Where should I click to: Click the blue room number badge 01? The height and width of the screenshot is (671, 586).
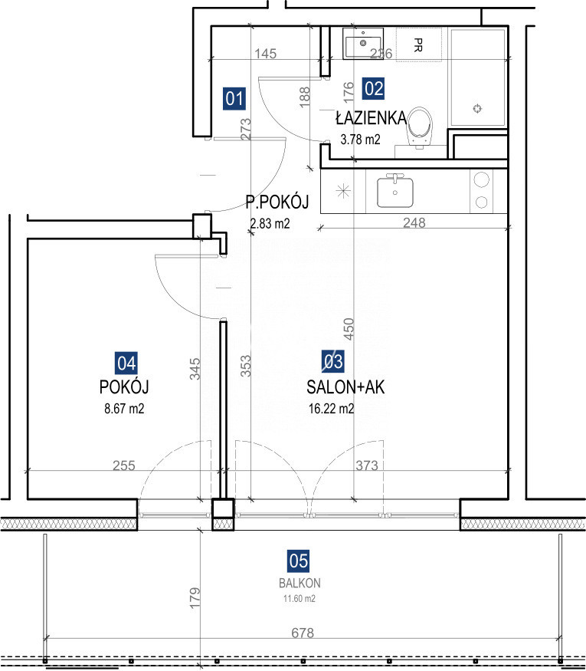click(x=234, y=98)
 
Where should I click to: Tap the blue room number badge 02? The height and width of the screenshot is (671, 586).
click(x=373, y=89)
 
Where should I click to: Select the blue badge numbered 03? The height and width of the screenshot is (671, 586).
click(x=333, y=361)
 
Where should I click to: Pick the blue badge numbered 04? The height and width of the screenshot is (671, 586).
click(x=126, y=363)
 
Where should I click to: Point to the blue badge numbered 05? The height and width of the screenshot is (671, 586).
click(x=298, y=561)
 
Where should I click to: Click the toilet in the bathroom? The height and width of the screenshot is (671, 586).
click(x=419, y=127)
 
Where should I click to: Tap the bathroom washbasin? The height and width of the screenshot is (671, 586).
click(x=363, y=44)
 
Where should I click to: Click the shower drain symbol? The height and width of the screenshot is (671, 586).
click(x=477, y=108)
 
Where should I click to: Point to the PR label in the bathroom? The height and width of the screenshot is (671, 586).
click(x=418, y=44)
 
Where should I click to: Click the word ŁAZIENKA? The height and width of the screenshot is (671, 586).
click(x=371, y=118)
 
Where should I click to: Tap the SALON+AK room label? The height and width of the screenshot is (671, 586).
click(x=345, y=387)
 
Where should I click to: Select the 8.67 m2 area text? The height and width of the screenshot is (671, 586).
click(x=124, y=409)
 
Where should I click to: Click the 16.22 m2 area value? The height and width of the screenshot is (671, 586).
click(x=331, y=409)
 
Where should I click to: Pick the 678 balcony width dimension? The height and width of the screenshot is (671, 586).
click(x=303, y=633)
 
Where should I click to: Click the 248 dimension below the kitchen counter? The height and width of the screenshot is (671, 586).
click(x=414, y=222)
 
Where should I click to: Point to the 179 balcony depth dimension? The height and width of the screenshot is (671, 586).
click(x=195, y=598)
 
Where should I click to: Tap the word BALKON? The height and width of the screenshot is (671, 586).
click(x=300, y=583)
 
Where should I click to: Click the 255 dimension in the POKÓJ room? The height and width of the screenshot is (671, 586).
click(x=124, y=465)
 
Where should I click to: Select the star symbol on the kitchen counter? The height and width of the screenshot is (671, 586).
click(x=344, y=191)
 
